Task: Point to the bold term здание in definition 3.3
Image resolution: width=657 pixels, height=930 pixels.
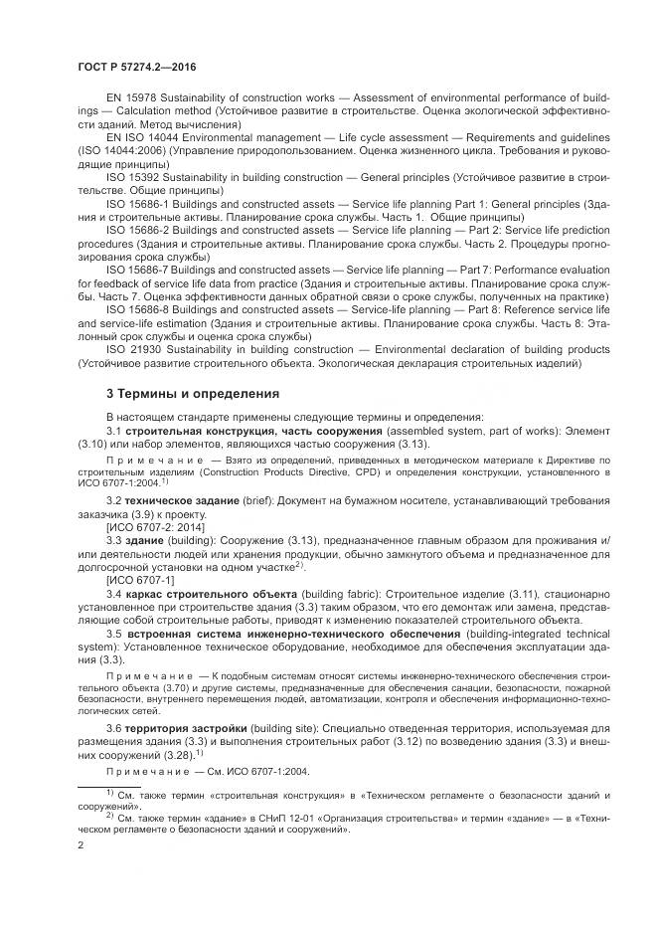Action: (x=144, y=538)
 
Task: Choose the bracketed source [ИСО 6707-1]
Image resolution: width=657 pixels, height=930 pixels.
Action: (x=139, y=579)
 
